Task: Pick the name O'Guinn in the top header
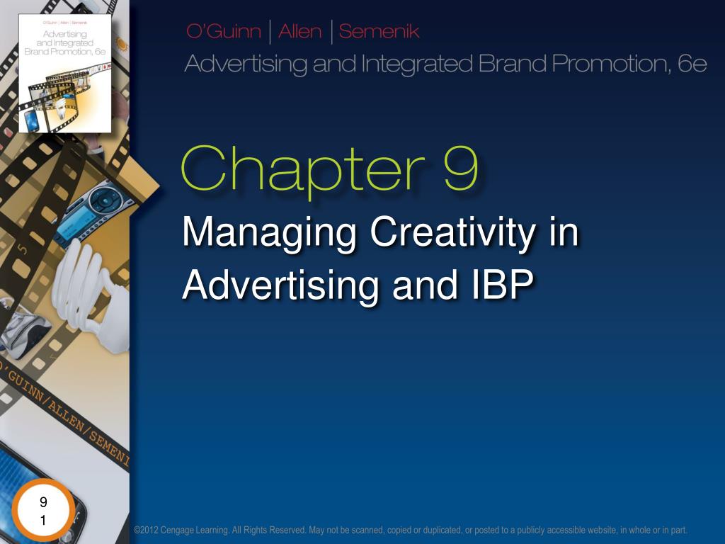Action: [222, 32]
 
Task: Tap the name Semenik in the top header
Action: [379, 32]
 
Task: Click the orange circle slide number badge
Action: [44, 511]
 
